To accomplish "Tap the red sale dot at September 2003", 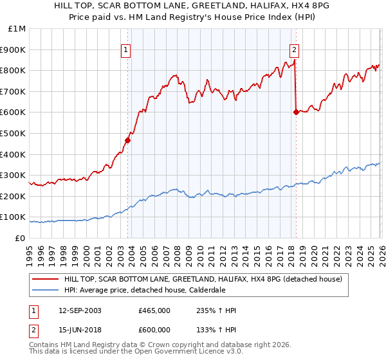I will tap(128, 140).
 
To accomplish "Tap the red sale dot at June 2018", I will tap(296, 112).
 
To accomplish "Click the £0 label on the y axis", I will tap(20, 238).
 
